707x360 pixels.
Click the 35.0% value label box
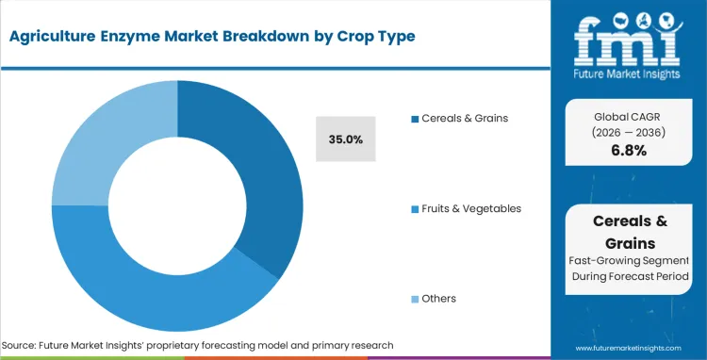pos(346,139)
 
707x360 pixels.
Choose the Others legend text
pos(439,299)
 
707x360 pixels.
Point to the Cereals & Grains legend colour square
pos(415,119)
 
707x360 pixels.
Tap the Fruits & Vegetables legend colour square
pos(415,208)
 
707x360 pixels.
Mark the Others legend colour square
pos(415,299)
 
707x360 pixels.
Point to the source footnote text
pos(198,345)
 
